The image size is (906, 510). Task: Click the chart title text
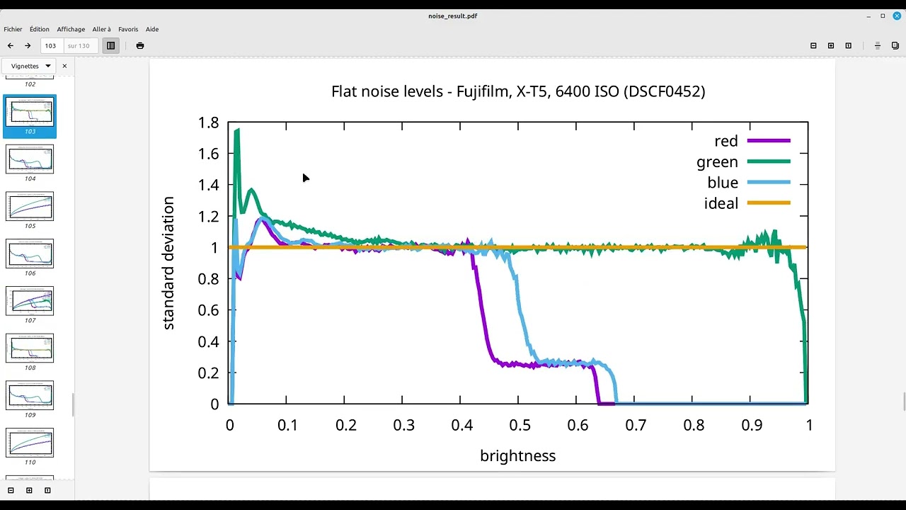pyautogui.click(x=517, y=91)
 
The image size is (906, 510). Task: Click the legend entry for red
pyautogui.click(x=726, y=141)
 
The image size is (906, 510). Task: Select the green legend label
pyautogui.click(x=717, y=162)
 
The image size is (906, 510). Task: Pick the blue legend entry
pyautogui.click(x=723, y=183)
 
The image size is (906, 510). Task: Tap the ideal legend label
pyautogui.click(x=721, y=204)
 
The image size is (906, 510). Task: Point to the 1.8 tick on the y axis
pyautogui.click(x=208, y=123)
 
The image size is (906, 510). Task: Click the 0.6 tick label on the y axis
pyautogui.click(x=208, y=310)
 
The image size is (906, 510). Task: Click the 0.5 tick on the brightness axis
pyautogui.click(x=520, y=425)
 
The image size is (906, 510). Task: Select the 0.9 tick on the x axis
pyautogui.click(x=752, y=425)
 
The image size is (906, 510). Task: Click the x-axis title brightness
pyautogui.click(x=517, y=456)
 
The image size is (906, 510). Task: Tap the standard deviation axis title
pyautogui.click(x=168, y=263)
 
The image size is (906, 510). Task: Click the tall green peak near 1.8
pyautogui.click(x=237, y=130)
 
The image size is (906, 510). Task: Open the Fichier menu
pyautogui.click(x=13, y=29)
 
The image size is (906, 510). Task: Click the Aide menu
pyautogui.click(x=152, y=29)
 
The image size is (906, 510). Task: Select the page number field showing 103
pyautogui.click(x=51, y=45)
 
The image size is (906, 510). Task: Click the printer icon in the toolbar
pyautogui.click(x=140, y=45)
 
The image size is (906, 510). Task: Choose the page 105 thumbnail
pyautogui.click(x=30, y=206)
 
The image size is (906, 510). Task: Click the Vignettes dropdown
pyautogui.click(x=31, y=66)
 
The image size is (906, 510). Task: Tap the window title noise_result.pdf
pyautogui.click(x=453, y=16)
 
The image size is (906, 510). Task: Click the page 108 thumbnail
pyautogui.click(x=30, y=348)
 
